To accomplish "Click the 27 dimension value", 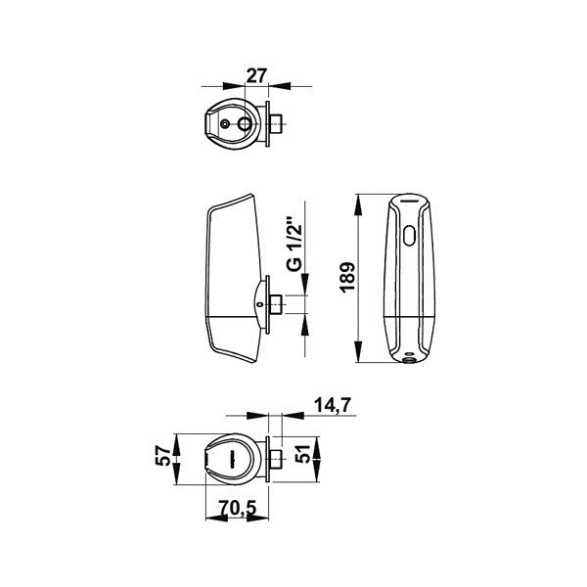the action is coord(256,75).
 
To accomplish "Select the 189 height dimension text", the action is coord(347,278).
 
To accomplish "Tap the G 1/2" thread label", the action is coord(294,243).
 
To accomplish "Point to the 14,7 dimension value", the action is coord(333,405).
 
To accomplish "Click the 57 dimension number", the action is coord(163,455).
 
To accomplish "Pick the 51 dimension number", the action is coord(302,454).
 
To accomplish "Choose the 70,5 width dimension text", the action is coord(238,508).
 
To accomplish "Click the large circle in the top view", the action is coord(246,123).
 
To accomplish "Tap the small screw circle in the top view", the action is coord(225,124).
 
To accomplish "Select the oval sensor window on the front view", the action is coord(410,236).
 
